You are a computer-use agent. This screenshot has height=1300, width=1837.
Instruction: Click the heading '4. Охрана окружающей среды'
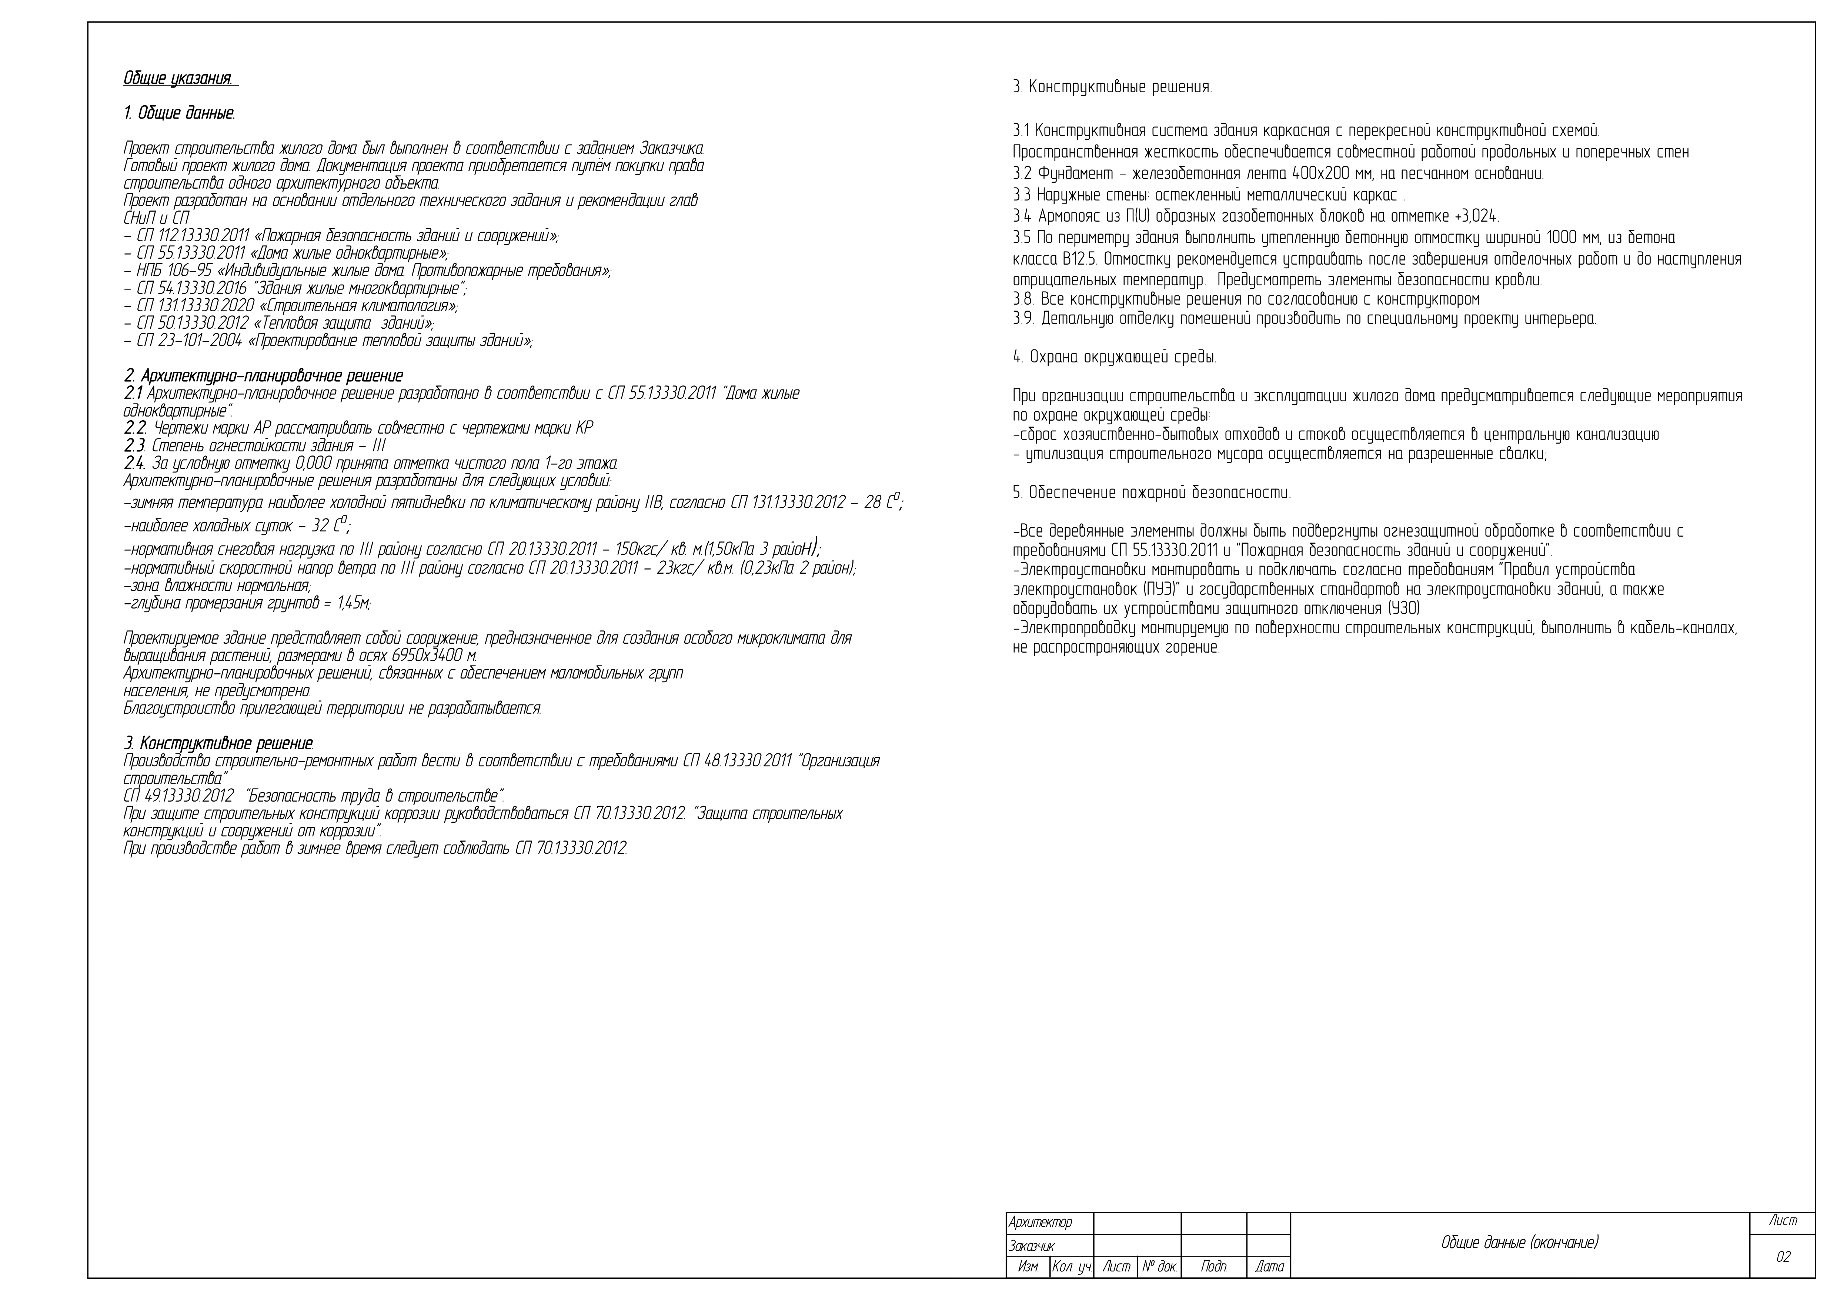tap(1115, 358)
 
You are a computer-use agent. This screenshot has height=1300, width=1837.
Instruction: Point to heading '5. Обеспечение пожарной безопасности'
tap(1151, 493)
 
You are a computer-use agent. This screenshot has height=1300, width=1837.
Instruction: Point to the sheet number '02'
tap(1783, 1257)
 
